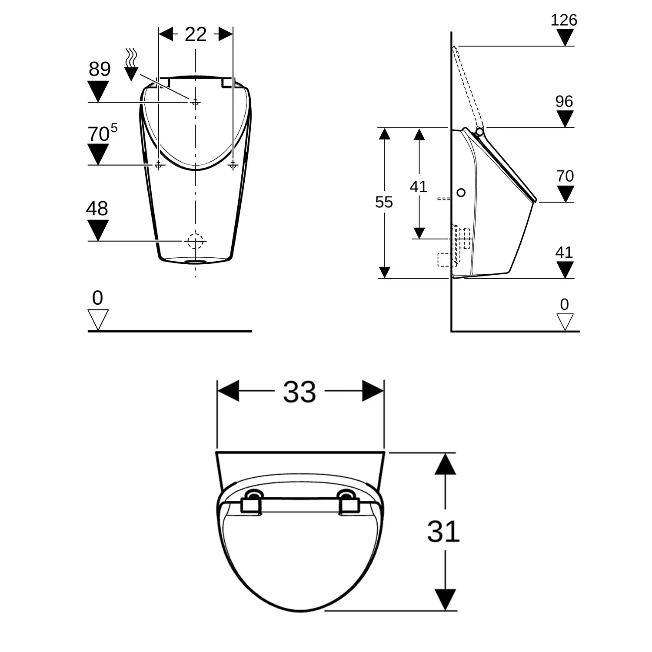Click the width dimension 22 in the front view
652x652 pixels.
[195, 34]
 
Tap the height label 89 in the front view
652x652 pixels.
[100, 69]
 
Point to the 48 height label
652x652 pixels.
[96, 209]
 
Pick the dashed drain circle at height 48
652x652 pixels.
[195, 241]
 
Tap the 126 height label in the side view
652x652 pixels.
[564, 20]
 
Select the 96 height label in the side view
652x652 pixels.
[564, 102]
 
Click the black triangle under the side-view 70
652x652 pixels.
[565, 193]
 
